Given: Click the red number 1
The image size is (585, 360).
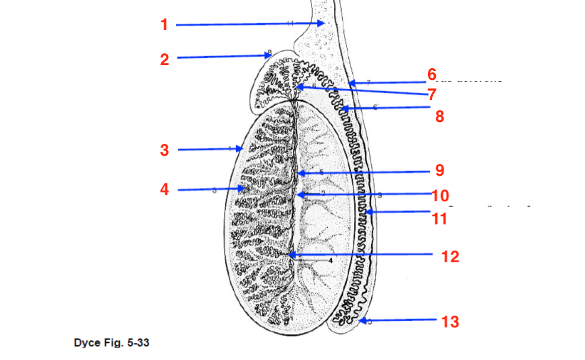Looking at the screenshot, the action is pyautogui.click(x=164, y=25).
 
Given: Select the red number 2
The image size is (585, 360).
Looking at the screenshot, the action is pyautogui.click(x=164, y=59).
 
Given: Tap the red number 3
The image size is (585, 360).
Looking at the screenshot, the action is pyautogui.click(x=165, y=150).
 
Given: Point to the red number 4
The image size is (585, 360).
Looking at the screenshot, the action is pyautogui.click(x=165, y=189).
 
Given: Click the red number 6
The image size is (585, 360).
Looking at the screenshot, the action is pyautogui.click(x=432, y=75).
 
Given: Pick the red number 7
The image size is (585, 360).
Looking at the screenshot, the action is pyautogui.click(x=432, y=94).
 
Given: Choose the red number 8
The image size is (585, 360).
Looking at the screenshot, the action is pyautogui.click(x=439, y=116).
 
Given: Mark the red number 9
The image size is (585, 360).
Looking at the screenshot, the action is pyautogui.click(x=439, y=171).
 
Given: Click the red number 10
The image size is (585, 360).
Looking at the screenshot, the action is pyautogui.click(x=441, y=195).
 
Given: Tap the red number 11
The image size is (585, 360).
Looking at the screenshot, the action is pyautogui.click(x=439, y=218).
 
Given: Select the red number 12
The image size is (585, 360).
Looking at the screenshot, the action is pyautogui.click(x=450, y=256).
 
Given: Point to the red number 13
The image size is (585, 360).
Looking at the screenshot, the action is pyautogui.click(x=451, y=322).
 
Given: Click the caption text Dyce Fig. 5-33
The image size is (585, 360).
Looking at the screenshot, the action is pyautogui.click(x=111, y=343).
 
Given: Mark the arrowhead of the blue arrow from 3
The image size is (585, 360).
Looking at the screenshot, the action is pyautogui.click(x=242, y=149).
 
